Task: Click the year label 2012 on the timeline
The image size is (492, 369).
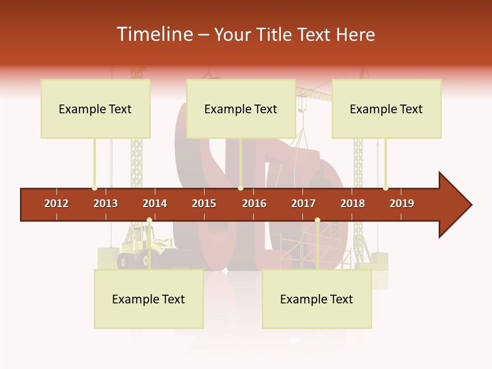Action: (x=56, y=203)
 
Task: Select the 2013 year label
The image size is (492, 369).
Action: (x=106, y=203)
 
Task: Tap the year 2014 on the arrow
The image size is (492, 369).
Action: (x=155, y=203)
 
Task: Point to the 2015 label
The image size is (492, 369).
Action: (x=204, y=203)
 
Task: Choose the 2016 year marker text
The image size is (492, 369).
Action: (x=254, y=203)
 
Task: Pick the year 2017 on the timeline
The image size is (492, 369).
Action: (x=303, y=203)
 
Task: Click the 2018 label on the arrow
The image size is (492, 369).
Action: (x=353, y=203)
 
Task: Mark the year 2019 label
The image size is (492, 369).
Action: (x=402, y=203)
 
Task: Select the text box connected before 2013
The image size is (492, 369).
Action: (x=95, y=109)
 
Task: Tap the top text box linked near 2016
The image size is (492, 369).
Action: (x=241, y=109)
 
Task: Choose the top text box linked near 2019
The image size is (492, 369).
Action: (x=386, y=109)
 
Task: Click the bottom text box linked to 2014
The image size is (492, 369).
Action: (x=149, y=299)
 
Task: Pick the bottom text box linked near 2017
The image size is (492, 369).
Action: (x=317, y=299)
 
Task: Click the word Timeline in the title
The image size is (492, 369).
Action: (x=154, y=34)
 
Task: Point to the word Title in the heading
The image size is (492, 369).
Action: (x=274, y=35)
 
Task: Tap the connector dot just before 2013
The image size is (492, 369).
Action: (x=94, y=188)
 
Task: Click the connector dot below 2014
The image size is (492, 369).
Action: (x=149, y=220)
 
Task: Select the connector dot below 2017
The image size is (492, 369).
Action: (x=317, y=220)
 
